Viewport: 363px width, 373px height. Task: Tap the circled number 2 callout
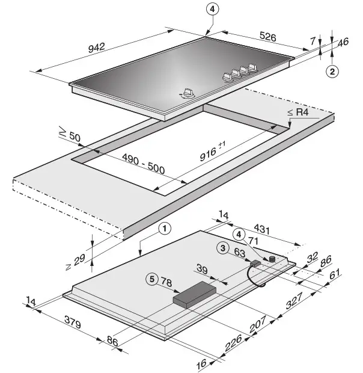[332, 71]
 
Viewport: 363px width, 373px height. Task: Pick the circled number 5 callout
[153, 279]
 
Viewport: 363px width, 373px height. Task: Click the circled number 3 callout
[223, 247]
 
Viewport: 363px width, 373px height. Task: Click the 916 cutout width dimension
[212, 153]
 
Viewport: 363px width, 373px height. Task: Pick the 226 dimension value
[233, 345]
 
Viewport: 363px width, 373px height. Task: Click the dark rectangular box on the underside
[194, 295]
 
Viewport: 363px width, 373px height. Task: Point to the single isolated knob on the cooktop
[188, 94]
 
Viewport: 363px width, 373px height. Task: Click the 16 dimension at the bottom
[202, 363]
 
